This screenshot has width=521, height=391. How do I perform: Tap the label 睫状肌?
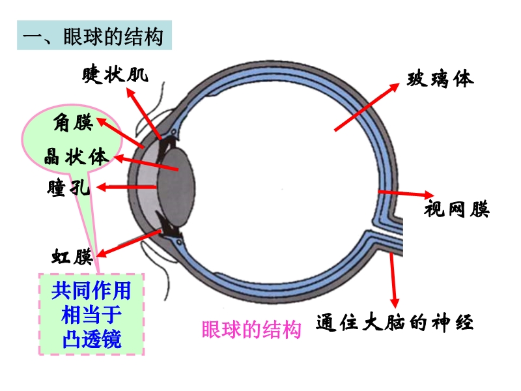(115, 75)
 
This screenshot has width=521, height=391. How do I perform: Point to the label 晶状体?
(76, 156)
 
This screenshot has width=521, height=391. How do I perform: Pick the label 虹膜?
(72, 256)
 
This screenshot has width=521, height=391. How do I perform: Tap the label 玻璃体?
(441, 80)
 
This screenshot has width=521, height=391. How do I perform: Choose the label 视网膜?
(457, 210)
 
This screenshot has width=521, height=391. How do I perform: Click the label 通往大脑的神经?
(395, 323)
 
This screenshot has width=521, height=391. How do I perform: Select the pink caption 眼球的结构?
(251, 330)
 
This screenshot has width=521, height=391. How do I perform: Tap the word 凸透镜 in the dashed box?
(92, 340)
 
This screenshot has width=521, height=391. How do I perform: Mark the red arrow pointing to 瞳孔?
(127, 188)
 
